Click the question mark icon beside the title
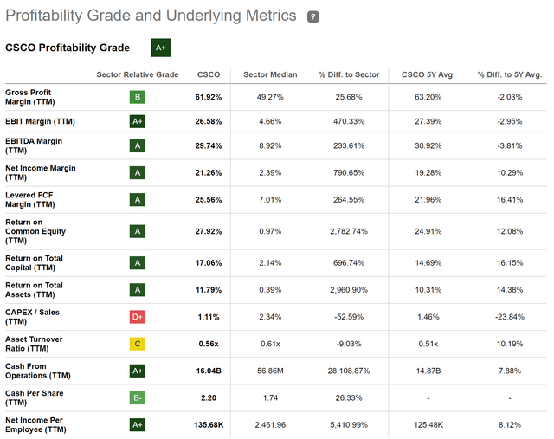(x=312, y=16)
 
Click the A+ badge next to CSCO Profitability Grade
(x=160, y=48)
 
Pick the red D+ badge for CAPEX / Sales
(x=137, y=317)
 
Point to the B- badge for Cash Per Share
(x=137, y=397)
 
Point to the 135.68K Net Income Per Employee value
(x=208, y=425)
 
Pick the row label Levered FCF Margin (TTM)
(x=29, y=200)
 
